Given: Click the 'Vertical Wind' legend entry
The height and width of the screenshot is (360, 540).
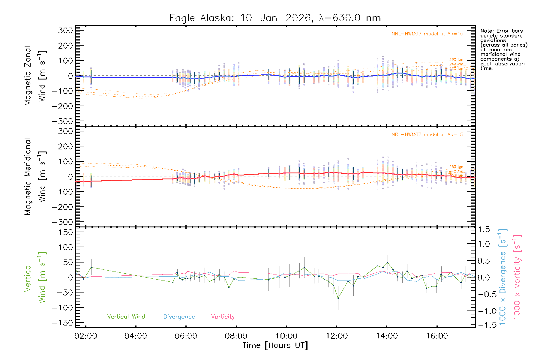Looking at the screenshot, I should pos(126,316).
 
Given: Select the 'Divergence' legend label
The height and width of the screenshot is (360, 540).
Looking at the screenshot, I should pos(179,316).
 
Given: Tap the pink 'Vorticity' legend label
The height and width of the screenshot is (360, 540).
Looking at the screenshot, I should pos(223,316).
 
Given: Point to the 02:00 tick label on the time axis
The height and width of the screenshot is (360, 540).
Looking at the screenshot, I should pos(86,336).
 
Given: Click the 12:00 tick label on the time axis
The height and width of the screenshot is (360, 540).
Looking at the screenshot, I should pos(337,336).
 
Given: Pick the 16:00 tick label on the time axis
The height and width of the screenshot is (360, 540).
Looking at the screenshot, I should pos(437,336).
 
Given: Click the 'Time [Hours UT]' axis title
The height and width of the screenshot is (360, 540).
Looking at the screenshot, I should pos(275,345).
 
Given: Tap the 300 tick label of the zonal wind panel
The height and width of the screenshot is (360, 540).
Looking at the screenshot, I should pos(66,30).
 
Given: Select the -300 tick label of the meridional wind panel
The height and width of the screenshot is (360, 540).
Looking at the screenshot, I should pos(63,222).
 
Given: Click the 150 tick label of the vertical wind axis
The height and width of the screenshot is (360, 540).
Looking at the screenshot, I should pos(66,232).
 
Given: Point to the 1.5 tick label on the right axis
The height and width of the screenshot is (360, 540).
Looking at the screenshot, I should pos(484,229).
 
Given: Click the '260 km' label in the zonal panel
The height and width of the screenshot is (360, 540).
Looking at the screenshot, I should pos(456,60).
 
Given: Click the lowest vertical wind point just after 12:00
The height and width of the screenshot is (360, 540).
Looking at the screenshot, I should pos(338,298).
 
